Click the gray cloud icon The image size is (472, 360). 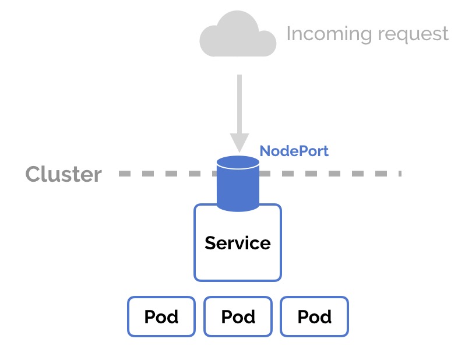coord(238,36)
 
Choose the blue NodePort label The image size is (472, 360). coord(294,151)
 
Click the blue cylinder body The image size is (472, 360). coord(238,189)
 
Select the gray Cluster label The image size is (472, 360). coord(63,174)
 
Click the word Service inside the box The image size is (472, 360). coord(238,242)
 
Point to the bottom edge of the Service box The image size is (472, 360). coord(238,280)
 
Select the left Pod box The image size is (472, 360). coord(161,317)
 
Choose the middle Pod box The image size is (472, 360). coord(238,317)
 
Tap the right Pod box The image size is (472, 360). coord(314,317)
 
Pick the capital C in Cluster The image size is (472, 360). coord(33,174)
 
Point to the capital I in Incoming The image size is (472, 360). coord(288,33)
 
